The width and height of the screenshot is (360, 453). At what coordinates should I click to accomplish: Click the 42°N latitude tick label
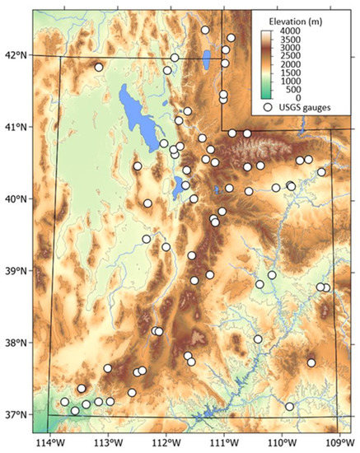[x=15, y=55]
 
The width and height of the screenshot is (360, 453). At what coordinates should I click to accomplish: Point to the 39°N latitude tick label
[x=15, y=270]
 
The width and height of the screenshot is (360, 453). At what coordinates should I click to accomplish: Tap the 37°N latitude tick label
[x=15, y=413]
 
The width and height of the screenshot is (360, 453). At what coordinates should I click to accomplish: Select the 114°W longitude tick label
[x=50, y=442]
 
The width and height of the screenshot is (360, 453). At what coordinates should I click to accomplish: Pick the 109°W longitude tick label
[x=338, y=442]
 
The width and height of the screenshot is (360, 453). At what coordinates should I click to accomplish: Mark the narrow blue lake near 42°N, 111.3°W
[x=205, y=60]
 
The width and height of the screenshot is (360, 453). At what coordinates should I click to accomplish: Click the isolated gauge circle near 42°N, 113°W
[x=99, y=68]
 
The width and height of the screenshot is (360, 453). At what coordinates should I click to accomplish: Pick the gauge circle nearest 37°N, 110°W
[x=289, y=406]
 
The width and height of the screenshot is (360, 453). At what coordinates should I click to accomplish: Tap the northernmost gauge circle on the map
[x=205, y=30]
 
